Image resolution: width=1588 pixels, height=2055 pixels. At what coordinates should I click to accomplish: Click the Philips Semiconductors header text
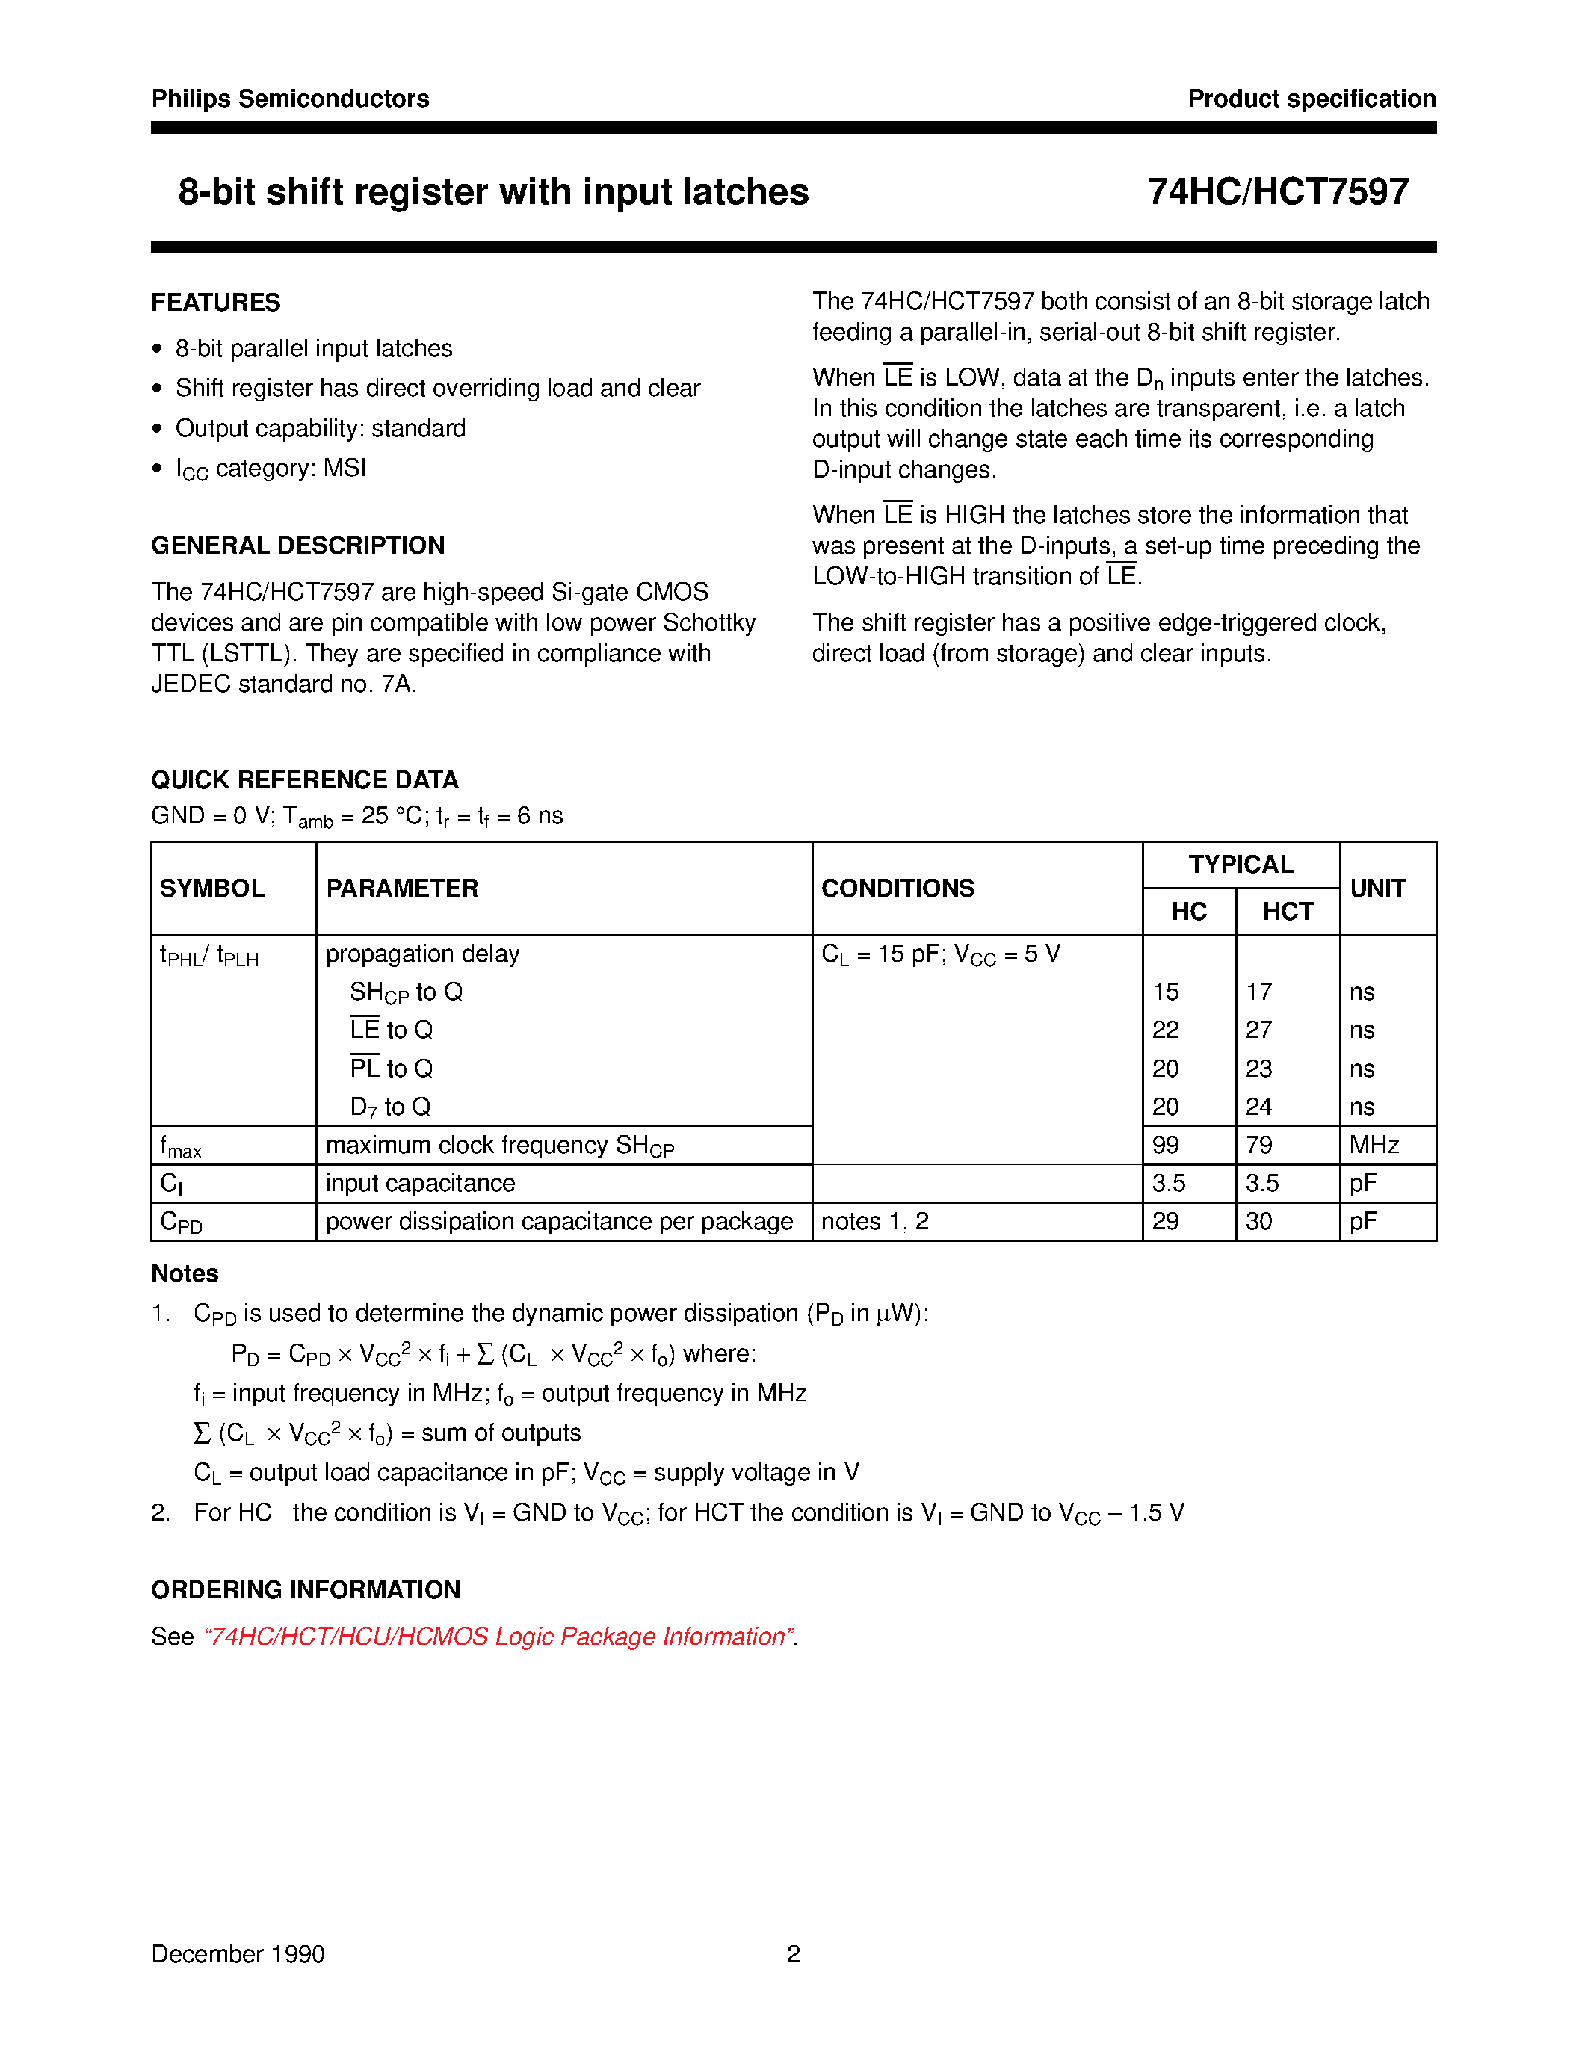[290, 99]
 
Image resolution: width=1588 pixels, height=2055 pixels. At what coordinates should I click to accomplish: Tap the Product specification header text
[1312, 99]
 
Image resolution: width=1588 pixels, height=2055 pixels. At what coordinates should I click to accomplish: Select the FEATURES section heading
[215, 303]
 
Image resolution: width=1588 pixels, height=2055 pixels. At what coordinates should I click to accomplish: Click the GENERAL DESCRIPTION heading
[297, 546]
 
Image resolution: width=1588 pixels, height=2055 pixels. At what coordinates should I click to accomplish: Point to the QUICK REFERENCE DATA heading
[305, 780]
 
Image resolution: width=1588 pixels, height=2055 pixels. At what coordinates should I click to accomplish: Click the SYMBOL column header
[213, 889]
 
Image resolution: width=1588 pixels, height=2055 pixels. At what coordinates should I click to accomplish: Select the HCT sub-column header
[1287, 912]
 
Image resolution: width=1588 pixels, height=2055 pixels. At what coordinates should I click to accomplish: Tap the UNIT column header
[1377, 889]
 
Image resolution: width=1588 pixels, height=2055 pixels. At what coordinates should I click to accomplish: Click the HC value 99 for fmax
[1166, 1145]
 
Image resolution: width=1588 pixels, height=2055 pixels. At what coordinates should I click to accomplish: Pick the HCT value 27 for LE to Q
[1258, 1030]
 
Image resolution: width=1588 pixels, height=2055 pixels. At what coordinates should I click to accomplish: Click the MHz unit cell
[1374, 1145]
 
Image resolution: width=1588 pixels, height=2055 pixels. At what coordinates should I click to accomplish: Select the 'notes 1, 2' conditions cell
[875, 1221]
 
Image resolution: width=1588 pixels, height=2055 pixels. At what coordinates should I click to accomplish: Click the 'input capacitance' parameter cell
[419, 1184]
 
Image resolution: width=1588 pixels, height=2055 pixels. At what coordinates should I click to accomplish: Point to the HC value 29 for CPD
[1166, 1221]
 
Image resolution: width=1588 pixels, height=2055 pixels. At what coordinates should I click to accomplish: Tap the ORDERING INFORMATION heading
[306, 1590]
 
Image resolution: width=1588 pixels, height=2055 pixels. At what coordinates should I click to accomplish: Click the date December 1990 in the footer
[238, 1954]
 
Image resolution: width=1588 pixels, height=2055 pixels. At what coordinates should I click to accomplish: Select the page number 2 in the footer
[793, 1954]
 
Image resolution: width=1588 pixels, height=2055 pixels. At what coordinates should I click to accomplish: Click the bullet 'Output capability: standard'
[320, 429]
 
